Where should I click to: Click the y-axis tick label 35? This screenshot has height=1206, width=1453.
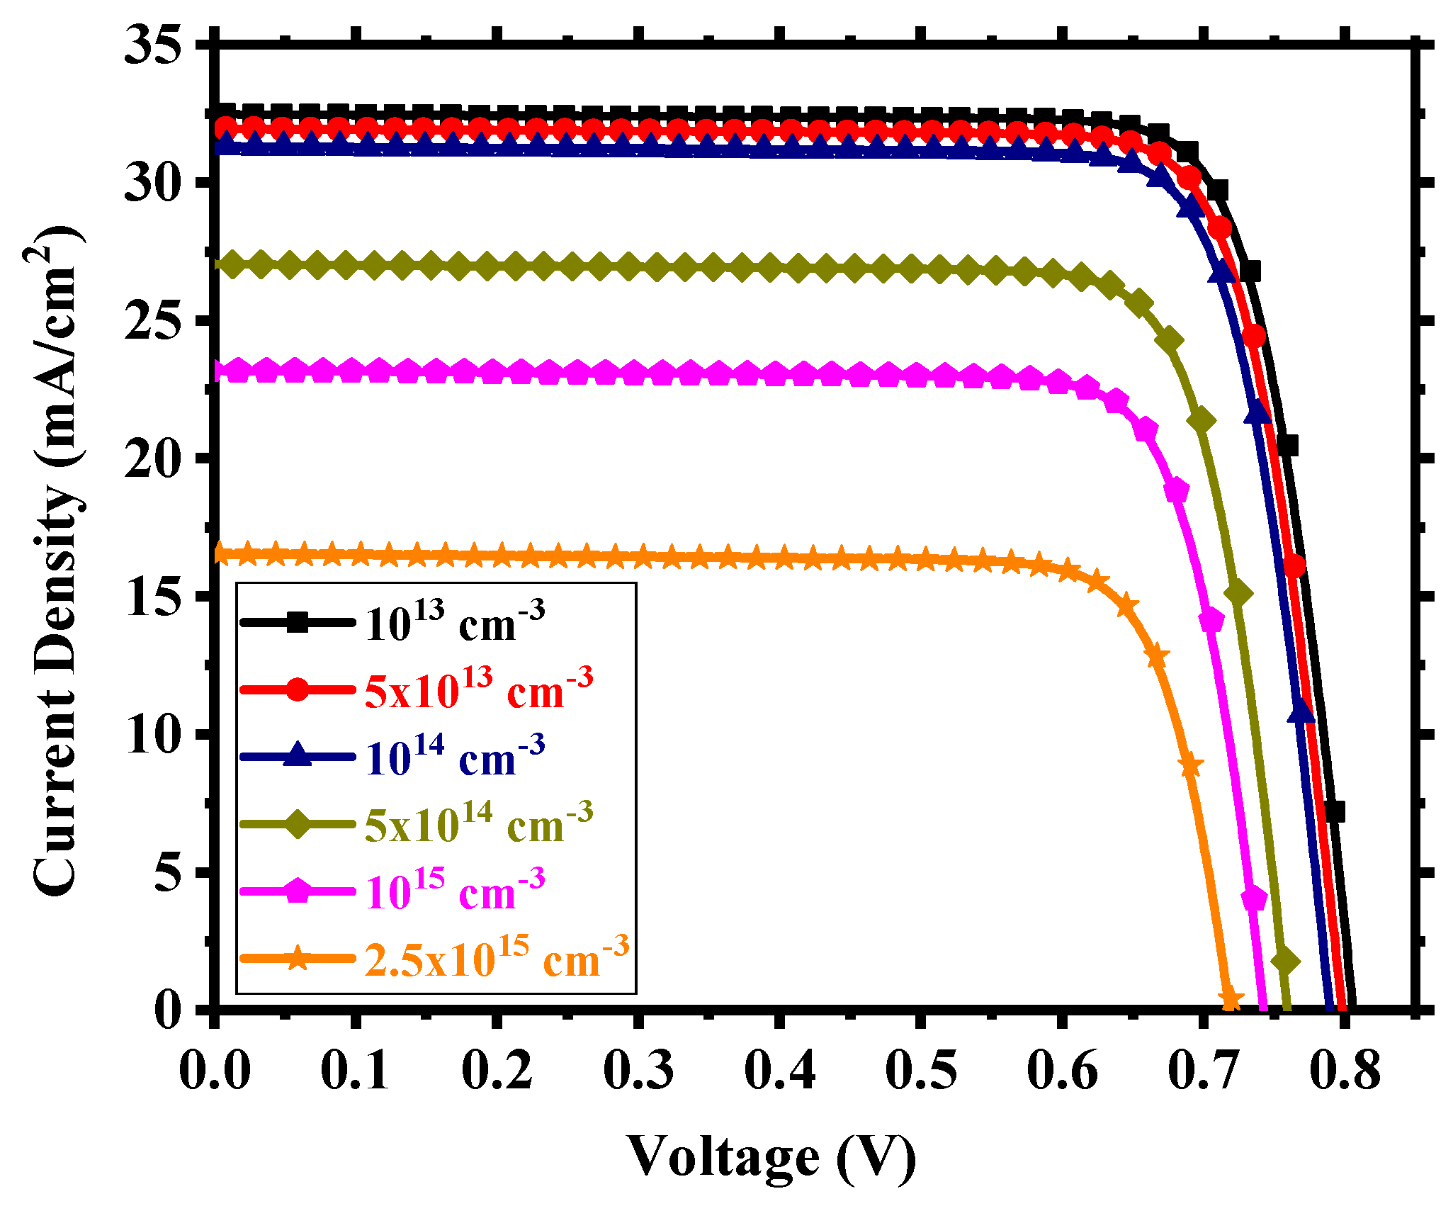153,44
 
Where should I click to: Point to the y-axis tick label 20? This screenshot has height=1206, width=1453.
153,458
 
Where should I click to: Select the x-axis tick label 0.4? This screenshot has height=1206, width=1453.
779,1070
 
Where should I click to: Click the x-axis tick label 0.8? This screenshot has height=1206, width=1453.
1345,1070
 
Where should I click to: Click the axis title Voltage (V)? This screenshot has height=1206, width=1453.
771,1156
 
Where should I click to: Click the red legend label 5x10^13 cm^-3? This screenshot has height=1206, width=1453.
479,689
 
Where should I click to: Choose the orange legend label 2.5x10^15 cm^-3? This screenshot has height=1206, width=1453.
496,959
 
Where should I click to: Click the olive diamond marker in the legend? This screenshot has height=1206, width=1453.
298,824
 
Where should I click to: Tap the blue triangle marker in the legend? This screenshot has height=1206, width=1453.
298,756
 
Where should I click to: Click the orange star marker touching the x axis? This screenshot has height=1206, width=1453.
1231,1001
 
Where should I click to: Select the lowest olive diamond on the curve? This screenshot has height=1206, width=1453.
1286,962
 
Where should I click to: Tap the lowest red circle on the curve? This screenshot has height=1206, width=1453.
1294,566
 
